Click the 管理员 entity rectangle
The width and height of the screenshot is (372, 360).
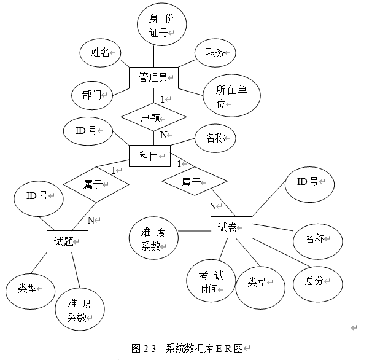pyautogui.click(x=153, y=77)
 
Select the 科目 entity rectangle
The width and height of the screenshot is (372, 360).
pyautogui.click(x=149, y=156)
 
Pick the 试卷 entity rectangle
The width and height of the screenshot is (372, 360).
pyautogui.click(x=231, y=228)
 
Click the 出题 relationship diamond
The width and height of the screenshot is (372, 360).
pyautogui.click(x=153, y=117)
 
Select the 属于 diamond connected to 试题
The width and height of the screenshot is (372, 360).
pyautogui.click(x=96, y=183)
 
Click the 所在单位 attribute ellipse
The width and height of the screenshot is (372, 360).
pyautogui.click(x=231, y=96)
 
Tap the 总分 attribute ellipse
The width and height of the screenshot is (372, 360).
pyautogui.click(x=317, y=281)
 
